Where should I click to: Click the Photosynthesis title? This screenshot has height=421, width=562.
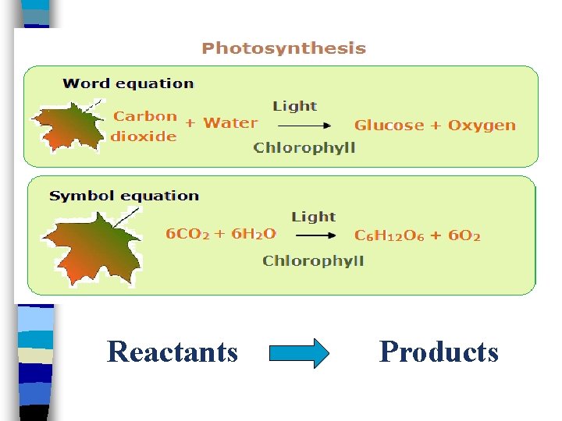283,48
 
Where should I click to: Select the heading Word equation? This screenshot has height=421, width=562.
128,83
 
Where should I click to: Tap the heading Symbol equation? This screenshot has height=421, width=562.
124,196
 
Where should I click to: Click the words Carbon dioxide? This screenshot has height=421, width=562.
145,126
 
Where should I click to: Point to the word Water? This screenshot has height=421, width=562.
230,123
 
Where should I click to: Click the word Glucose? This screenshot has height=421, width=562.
389,126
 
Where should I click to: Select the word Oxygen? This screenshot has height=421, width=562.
482,126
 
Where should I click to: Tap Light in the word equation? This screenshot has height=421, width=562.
294,106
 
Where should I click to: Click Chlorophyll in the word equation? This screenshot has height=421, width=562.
304,148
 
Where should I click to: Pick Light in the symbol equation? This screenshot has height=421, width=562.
313,217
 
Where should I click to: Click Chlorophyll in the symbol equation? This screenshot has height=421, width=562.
313,260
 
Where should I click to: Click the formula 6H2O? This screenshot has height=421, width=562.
254,233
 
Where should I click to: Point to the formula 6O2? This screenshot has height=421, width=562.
464,235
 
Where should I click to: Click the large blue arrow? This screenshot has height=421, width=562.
299,353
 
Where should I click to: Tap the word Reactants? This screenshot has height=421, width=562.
173,352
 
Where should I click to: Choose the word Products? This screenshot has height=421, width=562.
439,352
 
